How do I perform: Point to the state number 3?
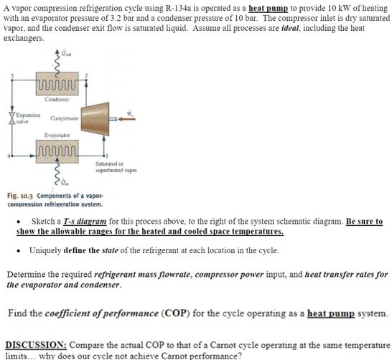(x=9, y=75)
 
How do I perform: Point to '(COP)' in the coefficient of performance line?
(x=177, y=313)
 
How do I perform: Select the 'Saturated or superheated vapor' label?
(x=113, y=169)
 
